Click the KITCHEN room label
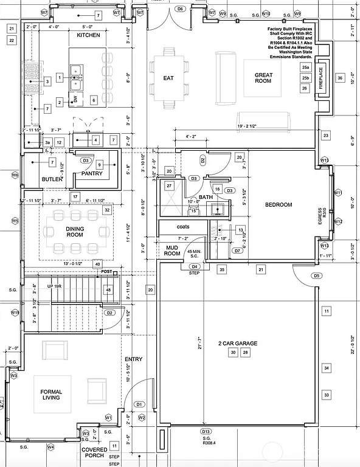coord(88,35)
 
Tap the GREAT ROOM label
coord(263,78)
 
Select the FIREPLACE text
coord(322,78)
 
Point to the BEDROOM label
coord(279,205)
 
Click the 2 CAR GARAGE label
coord(238,344)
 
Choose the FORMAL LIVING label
coord(52,395)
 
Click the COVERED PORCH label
coord(94,454)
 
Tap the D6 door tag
coord(180,9)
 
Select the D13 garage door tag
coord(206,431)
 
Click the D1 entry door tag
coord(139,404)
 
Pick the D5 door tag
coord(317,275)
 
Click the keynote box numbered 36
coord(341,78)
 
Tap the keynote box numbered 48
coord(108,290)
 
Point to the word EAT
coord(169,78)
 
